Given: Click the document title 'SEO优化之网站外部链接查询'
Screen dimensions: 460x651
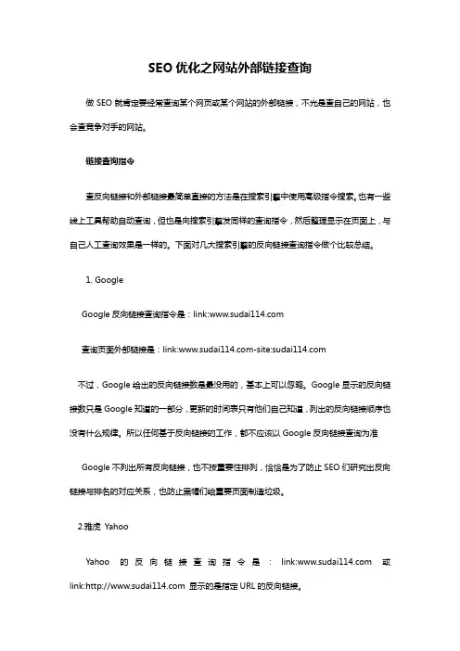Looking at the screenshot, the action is pos(229,68).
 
